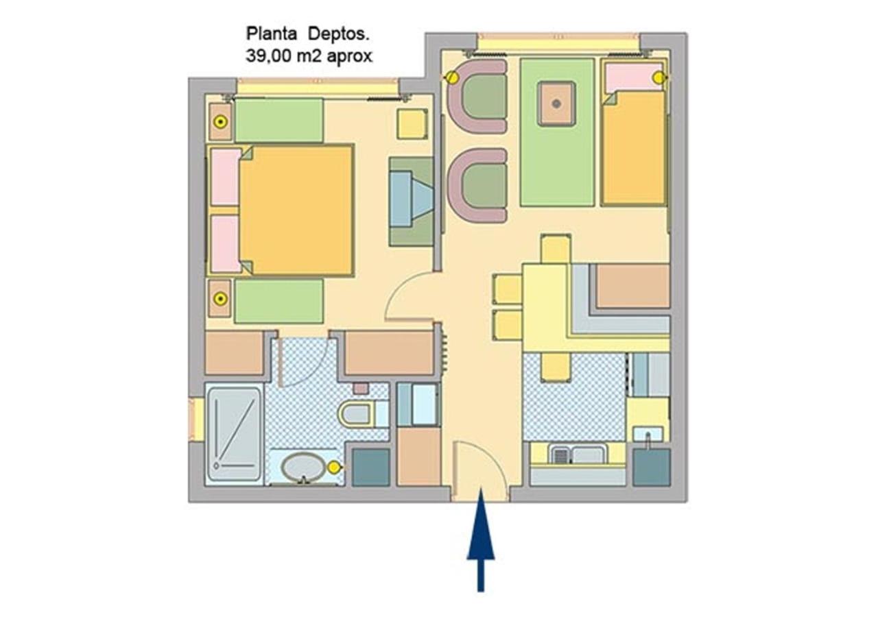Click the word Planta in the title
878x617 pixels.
271,34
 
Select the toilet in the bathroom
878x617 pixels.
363,413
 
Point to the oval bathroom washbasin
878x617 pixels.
303,467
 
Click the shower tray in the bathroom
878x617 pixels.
235,434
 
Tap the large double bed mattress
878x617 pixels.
296,210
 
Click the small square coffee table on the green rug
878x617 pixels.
556,104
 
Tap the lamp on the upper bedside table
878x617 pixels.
221,122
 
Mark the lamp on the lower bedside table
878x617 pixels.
221,299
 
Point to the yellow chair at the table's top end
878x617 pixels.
556,249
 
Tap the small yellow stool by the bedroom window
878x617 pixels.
412,124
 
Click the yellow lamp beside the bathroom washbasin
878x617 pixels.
334,468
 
